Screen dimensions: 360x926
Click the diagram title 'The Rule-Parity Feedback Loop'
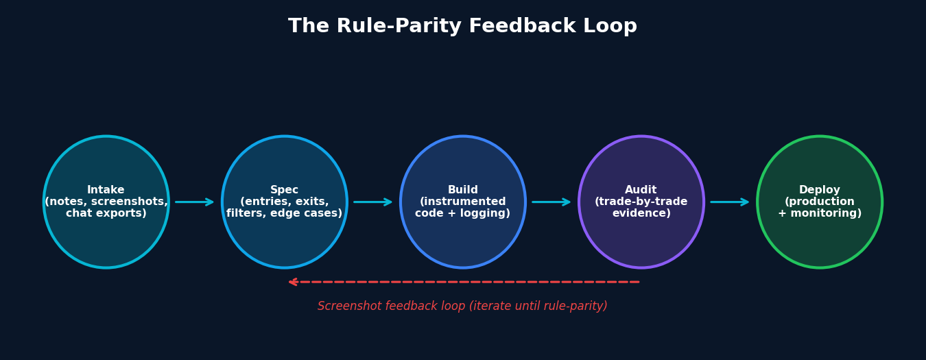click(462, 27)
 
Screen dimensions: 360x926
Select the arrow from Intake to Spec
click(195, 202)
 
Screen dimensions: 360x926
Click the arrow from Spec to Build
click(373, 202)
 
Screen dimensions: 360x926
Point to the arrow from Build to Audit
click(551, 202)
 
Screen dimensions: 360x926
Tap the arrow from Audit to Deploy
click(730, 202)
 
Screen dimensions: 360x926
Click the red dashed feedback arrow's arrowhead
click(293, 282)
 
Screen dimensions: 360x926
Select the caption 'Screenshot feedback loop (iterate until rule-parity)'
click(462, 307)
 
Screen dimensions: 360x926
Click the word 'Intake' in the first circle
click(106, 190)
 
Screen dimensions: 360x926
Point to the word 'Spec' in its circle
click(285, 190)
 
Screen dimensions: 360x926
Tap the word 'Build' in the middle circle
click(463, 190)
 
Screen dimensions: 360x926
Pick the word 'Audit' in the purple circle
click(641, 190)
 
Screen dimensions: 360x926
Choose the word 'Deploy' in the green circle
click(820, 190)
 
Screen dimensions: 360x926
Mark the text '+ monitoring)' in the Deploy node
click(820, 214)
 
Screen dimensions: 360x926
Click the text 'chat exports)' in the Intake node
click(106, 214)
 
